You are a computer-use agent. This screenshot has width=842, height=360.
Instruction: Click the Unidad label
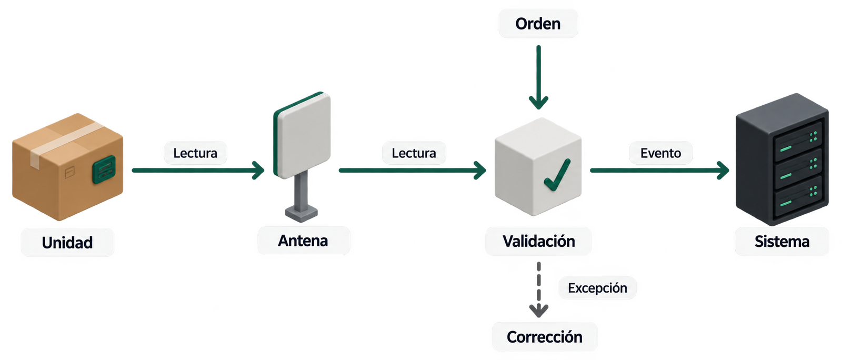point(67,243)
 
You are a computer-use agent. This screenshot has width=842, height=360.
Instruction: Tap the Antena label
point(303,241)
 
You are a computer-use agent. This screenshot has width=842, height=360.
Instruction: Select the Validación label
point(539,241)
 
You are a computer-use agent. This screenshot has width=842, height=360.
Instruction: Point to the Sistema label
point(782,241)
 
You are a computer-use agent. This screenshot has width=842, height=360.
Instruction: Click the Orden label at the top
point(538,24)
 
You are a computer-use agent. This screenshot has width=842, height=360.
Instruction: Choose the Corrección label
point(544,337)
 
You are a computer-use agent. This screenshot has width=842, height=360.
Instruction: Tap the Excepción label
point(597,288)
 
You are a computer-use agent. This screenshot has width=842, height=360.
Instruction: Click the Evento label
point(661,153)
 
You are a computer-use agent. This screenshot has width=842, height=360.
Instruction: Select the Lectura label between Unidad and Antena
point(195,153)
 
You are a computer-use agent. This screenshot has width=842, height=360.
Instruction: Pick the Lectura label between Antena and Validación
point(414,153)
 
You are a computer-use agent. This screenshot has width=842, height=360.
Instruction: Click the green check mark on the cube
point(557,175)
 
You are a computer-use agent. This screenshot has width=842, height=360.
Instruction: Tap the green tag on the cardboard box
point(104,169)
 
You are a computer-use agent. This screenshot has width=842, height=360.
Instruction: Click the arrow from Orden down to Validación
point(539,77)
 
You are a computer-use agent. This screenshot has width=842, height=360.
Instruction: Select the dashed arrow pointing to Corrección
point(539,289)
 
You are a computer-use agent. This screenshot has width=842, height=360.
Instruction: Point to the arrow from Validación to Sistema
point(660,170)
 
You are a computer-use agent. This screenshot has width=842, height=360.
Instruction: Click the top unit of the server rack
point(798,141)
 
